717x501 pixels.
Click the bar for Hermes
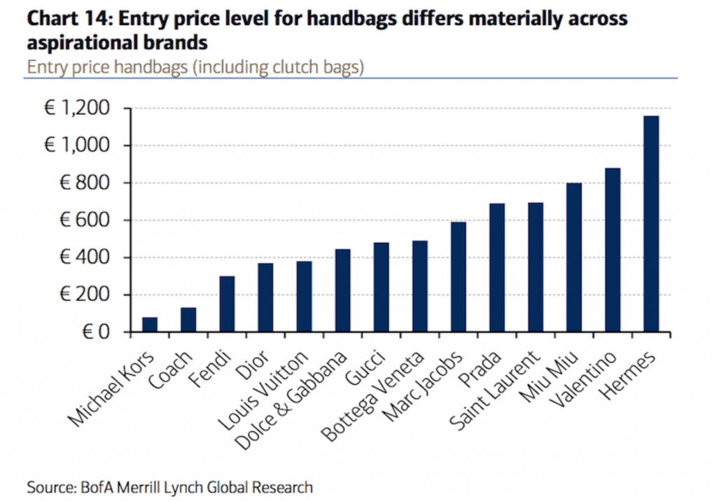click(x=651, y=224)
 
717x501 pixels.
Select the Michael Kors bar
click(x=150, y=325)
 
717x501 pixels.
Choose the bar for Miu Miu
click(x=574, y=257)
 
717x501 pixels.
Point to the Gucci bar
click(x=381, y=288)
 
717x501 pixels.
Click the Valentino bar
click(x=613, y=250)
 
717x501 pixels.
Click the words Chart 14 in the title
click(x=67, y=20)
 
